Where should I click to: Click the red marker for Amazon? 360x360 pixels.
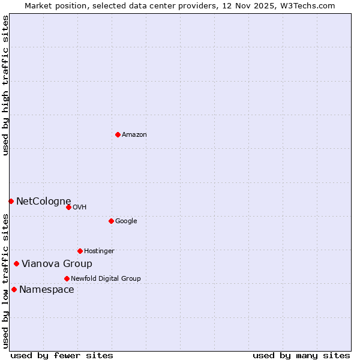tap(118, 134)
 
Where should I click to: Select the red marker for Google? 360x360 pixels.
tap(111, 221)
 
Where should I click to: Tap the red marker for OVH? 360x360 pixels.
tap(68, 207)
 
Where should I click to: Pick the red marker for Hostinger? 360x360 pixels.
tap(80, 251)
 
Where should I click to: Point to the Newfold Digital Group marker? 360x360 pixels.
tap(67, 278)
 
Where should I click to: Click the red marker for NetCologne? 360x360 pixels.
tap(11, 201)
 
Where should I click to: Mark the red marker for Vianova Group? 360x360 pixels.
tap(16, 263)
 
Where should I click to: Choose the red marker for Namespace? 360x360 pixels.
tap(14, 289)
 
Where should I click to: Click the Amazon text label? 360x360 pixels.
tap(134, 135)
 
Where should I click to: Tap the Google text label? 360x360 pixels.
tap(126, 221)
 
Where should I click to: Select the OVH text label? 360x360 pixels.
tap(80, 208)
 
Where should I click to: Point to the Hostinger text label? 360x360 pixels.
tap(99, 251)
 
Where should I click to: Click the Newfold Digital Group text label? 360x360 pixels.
tap(106, 279)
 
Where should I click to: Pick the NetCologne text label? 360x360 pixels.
tap(44, 202)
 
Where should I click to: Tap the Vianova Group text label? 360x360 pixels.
tap(57, 264)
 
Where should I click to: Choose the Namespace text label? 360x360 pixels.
tap(47, 290)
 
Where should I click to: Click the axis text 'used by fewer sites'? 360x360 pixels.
tap(62, 355)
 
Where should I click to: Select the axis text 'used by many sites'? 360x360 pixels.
tap(301, 355)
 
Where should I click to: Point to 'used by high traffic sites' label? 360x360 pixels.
tap(6, 85)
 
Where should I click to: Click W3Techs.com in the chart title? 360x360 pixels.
tap(306, 6)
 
